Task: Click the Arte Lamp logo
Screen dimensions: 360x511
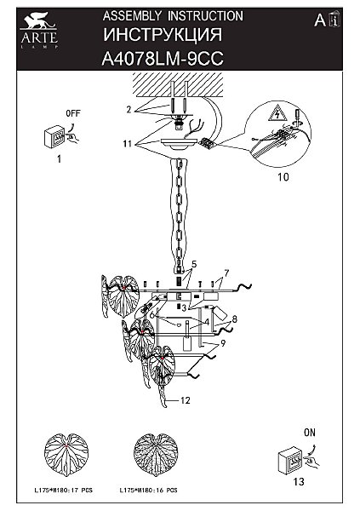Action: [x=39, y=30]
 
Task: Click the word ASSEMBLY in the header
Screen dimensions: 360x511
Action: [x=132, y=16]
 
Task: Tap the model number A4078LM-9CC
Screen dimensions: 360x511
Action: [x=163, y=59]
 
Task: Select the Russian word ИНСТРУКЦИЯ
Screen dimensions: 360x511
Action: [x=163, y=35]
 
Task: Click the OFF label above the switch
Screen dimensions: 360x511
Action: [x=73, y=114]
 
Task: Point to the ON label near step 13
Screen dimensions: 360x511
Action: [x=310, y=433]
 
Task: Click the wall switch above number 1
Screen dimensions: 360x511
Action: [x=54, y=137]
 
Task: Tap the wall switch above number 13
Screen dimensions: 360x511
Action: [x=290, y=460]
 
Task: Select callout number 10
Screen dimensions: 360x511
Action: [x=283, y=177]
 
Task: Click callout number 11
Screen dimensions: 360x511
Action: [x=128, y=143]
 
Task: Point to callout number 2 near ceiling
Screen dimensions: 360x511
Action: [x=129, y=110]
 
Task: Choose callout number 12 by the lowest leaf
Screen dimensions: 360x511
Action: [x=185, y=400]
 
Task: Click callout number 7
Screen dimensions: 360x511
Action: [x=226, y=273]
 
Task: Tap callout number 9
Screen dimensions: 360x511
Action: [x=223, y=343]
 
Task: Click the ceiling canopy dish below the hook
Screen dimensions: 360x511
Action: [x=180, y=144]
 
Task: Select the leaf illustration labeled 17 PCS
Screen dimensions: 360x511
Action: [x=66, y=456]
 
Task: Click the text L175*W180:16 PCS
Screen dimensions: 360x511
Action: [x=149, y=491]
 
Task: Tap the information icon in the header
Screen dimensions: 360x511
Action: [x=334, y=20]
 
